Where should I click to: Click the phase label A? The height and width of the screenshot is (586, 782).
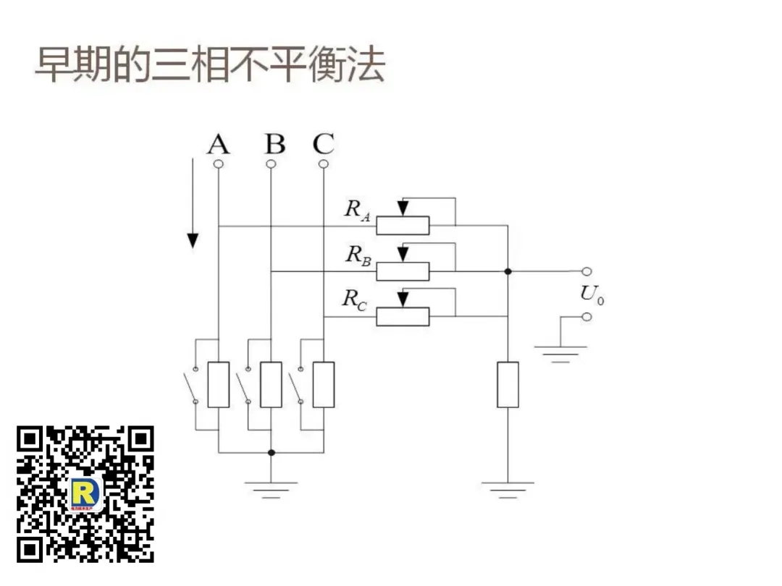pos(218,145)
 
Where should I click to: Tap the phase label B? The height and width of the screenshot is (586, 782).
pos(274,145)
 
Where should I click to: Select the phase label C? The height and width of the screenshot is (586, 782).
pos(324,144)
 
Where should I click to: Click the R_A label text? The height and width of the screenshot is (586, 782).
pos(357,210)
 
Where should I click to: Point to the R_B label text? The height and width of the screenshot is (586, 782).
pos(358,255)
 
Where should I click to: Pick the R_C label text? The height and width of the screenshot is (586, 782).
pos(355,299)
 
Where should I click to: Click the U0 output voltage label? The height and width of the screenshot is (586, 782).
pos(592,294)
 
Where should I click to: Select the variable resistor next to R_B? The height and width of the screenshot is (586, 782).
pos(403,271)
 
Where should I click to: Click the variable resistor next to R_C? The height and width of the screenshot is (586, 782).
pos(403,316)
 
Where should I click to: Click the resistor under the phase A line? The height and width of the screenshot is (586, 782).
pos(218,384)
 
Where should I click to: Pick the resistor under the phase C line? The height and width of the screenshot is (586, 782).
pos(324,384)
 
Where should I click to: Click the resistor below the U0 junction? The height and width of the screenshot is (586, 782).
pos(508,384)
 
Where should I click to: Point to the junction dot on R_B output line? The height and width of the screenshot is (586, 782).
pos(508,271)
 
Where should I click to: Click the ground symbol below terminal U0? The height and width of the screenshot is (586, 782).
pos(560,352)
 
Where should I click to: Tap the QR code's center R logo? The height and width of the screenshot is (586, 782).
pos(85,494)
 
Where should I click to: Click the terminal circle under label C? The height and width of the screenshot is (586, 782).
pos(324,164)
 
